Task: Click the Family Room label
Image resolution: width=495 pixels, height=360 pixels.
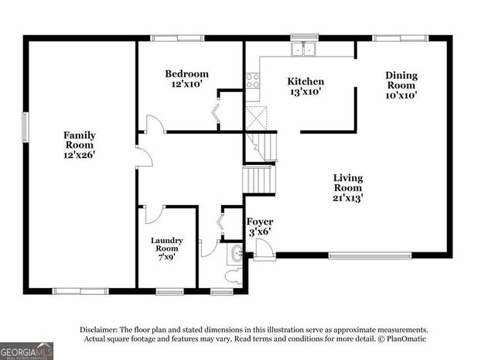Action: point(79,145)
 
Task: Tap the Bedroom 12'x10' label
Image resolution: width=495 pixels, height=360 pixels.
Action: point(186,79)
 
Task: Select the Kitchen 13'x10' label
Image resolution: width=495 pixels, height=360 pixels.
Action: point(306,87)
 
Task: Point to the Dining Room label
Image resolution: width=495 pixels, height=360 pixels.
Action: point(401,85)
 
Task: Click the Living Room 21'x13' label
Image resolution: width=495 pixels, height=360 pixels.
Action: point(347,188)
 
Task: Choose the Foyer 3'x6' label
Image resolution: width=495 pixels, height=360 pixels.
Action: point(260,227)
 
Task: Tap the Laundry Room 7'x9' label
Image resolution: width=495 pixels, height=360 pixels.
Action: point(166,250)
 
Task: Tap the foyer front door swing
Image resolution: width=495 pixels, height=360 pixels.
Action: point(264,249)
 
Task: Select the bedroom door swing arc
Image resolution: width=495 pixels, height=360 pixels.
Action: point(155,124)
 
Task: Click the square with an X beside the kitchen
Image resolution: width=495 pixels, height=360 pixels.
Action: point(255,118)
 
